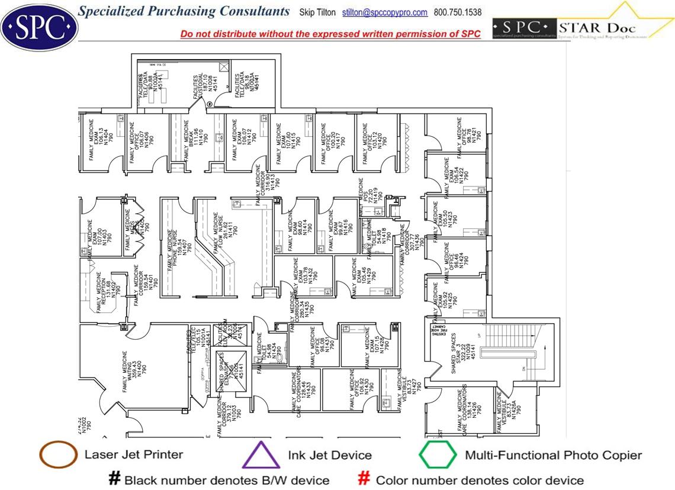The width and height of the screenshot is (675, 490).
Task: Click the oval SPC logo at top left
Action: click(x=39, y=26)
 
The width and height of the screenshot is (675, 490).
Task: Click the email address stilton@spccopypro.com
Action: click(x=385, y=12)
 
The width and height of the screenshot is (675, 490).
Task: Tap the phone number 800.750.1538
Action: click(x=458, y=12)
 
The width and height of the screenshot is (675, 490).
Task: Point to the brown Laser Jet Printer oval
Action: click(x=58, y=455)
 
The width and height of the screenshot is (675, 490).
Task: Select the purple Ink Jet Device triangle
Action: click(x=261, y=456)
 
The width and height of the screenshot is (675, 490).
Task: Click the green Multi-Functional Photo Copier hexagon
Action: click(x=438, y=455)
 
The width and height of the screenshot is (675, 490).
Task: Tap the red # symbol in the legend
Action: click(x=365, y=479)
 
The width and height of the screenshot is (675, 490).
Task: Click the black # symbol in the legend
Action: click(x=114, y=479)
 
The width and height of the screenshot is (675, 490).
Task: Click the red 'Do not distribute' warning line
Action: click(x=330, y=34)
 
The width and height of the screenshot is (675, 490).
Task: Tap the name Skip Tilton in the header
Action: click(x=317, y=12)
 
